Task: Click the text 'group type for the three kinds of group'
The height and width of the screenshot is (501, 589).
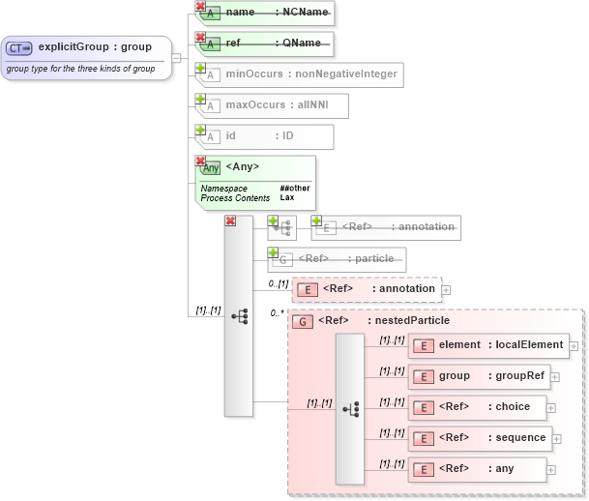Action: click(x=80, y=69)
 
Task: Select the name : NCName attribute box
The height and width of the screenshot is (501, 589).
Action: click(x=266, y=14)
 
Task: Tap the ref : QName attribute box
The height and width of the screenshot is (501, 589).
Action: click(x=266, y=44)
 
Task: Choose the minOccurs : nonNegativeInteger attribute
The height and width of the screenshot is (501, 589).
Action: click(x=298, y=74)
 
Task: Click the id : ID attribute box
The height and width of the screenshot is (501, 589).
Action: click(x=265, y=136)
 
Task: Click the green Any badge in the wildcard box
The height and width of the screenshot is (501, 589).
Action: click(x=210, y=167)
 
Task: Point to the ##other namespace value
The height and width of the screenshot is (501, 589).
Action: click(x=293, y=188)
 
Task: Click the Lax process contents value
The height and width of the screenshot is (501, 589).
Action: click(x=287, y=197)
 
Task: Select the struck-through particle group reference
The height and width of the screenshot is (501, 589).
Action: click(x=338, y=259)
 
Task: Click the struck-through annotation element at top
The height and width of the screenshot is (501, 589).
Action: click(x=386, y=227)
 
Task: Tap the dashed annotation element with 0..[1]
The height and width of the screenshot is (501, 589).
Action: click(x=367, y=288)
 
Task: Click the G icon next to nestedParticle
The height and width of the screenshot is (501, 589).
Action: click(x=303, y=321)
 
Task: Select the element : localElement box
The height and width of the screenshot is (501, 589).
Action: click(x=488, y=345)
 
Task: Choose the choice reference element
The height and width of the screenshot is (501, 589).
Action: click(x=477, y=407)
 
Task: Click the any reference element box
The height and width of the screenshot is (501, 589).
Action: click(x=477, y=469)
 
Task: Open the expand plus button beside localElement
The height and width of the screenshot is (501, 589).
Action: click(x=574, y=345)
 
